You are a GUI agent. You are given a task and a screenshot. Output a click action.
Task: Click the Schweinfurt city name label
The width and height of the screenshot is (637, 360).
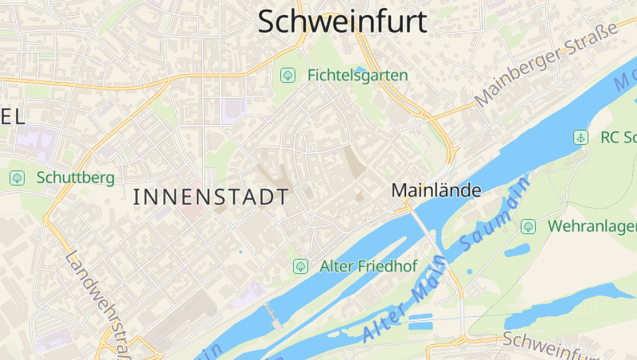tap(342, 22)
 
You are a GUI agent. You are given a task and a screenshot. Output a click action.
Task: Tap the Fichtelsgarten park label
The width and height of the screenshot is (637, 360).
tap(357, 76)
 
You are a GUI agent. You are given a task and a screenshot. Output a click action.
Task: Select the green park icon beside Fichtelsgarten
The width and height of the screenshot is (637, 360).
tap(287, 76)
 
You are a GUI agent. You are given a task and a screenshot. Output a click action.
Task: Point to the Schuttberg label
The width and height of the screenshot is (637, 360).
tap(75, 177)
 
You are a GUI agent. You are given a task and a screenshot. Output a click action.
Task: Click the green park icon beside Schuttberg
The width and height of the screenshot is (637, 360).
tap(16, 177)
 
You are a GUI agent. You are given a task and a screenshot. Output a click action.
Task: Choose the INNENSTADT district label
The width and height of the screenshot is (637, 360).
tap(210, 198)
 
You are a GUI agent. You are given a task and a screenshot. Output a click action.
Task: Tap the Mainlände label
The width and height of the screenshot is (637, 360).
tap(436, 190)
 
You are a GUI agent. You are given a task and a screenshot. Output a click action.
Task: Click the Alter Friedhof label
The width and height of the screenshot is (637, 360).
tap(368, 266)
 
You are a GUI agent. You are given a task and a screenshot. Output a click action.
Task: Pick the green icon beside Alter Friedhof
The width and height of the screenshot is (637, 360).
tap(300, 266)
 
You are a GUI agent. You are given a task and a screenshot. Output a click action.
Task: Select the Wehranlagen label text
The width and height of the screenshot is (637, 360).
tap(592, 226)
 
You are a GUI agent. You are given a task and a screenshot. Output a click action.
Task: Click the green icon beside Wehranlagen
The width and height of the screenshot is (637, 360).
tap(528, 227)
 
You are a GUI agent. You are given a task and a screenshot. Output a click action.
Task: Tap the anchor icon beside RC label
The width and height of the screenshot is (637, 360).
tap(581, 137)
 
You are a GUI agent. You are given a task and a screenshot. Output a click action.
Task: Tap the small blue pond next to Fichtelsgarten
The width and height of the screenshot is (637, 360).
tap(361, 69)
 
